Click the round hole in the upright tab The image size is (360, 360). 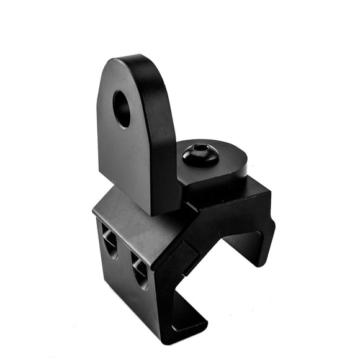pyautogui.click(x=122, y=109)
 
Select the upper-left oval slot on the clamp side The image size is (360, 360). pyautogui.click(x=109, y=241)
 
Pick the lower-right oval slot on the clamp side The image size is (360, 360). pyautogui.click(x=141, y=271)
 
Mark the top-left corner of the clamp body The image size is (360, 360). pyautogui.click(x=94, y=209)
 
